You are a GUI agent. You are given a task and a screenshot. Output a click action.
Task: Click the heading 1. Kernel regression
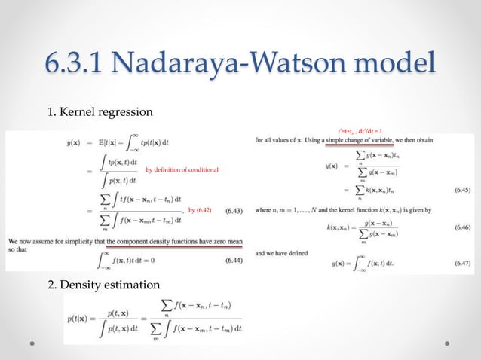point(100,112)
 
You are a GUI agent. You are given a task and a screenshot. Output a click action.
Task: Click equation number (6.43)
point(234,212)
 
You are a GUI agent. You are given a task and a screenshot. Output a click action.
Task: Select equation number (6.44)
point(234,261)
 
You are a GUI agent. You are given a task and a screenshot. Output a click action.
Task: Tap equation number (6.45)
point(461,192)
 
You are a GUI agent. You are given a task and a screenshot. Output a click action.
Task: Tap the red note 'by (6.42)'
point(199,210)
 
